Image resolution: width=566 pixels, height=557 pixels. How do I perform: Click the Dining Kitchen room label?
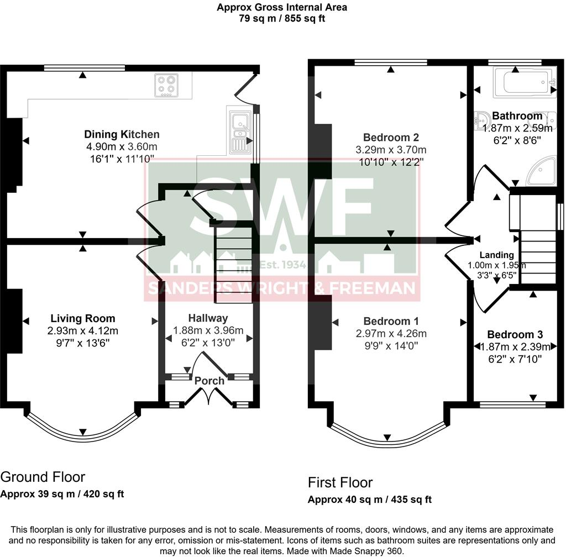(122, 134)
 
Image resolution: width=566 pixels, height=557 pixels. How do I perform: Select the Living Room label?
(83, 318)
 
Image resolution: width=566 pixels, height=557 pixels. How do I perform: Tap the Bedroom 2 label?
(391, 138)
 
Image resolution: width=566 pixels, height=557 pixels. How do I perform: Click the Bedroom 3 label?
(515, 334)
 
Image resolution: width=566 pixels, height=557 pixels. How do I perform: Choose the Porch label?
(209, 381)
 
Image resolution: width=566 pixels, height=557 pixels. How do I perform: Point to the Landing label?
(496, 255)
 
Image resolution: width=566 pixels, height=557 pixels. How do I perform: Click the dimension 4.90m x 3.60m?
(122, 147)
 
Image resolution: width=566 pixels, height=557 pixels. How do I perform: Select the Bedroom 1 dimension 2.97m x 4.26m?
(391, 334)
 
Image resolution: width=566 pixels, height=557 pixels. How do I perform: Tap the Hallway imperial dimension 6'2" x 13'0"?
(208, 343)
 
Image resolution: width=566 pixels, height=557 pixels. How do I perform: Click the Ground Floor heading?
(43, 477)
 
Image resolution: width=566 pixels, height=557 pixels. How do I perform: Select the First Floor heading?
(340, 482)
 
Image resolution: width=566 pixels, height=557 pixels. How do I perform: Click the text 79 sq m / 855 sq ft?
(282, 18)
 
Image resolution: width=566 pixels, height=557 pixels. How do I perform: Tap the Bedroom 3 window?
(512, 405)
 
